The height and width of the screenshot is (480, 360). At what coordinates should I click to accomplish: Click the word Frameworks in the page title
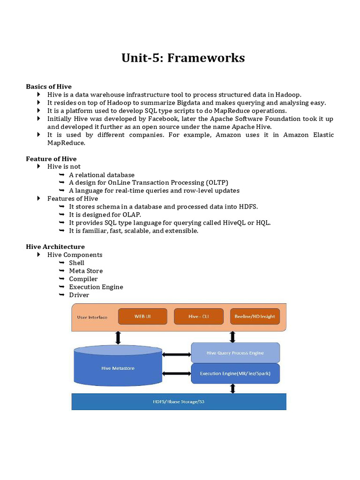206,58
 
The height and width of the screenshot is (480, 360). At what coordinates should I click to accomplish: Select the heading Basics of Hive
49,87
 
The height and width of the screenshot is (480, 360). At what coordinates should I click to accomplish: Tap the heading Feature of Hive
51,159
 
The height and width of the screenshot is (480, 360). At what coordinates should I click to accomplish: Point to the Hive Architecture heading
55,247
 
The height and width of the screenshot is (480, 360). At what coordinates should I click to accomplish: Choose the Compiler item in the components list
83,279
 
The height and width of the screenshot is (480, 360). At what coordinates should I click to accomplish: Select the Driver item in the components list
79,295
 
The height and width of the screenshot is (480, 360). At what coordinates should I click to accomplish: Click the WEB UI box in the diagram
143,316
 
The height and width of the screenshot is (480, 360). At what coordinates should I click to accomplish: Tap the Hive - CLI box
199,316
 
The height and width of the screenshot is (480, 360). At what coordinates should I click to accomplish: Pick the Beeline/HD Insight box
255,316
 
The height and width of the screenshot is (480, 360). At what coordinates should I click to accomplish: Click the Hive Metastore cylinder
118,368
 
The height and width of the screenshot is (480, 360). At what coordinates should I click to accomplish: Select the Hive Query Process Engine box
235,352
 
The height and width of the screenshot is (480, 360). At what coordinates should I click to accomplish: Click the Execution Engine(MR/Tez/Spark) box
235,374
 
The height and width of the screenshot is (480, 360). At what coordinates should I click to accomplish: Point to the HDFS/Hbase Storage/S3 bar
179,402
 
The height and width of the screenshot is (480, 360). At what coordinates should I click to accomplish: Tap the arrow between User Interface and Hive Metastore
118,337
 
